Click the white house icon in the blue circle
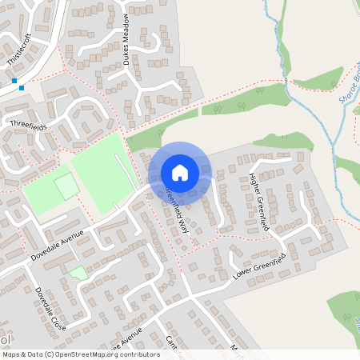tap(180, 172)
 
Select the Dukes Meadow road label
tap(126, 38)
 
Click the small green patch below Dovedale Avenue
tap(78, 273)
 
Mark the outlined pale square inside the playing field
tap(67, 187)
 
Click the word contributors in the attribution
tap(135, 354)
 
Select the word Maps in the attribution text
tap(10, 354)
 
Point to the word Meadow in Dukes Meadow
tap(126, 30)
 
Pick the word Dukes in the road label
tap(126, 52)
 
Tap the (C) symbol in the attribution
tap(49, 354)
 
